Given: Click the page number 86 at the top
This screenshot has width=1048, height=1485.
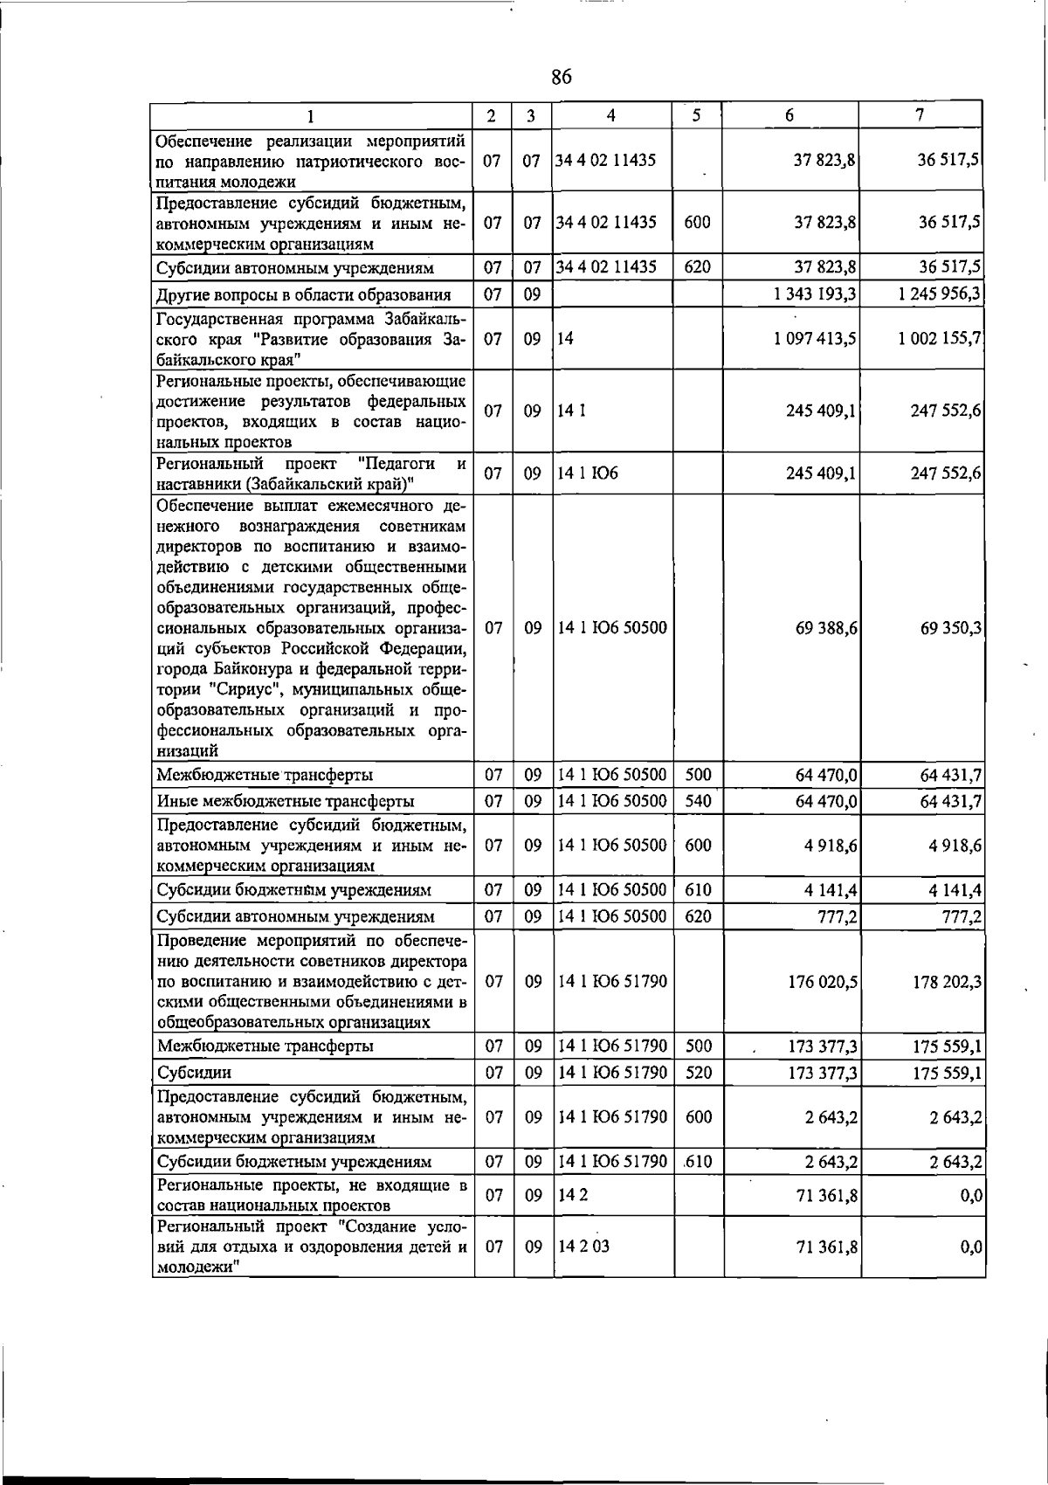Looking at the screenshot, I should click(x=561, y=78).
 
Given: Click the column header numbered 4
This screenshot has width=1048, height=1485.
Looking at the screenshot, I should click(x=610, y=115).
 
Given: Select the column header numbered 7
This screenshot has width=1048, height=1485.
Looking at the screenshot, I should click(x=920, y=115).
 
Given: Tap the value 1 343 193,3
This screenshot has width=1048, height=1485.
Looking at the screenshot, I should click(x=814, y=294).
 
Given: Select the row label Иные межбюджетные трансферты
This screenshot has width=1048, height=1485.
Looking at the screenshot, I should click(x=285, y=801).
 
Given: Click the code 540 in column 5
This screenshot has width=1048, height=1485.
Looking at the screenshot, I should click(x=697, y=801).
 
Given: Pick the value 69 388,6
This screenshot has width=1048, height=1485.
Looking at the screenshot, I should click(x=825, y=628).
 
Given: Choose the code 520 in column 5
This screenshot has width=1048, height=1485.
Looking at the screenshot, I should click(x=698, y=1073).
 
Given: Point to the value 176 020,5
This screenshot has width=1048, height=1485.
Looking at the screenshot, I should click(x=822, y=982).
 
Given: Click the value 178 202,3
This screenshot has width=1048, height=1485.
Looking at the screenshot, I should click(x=947, y=982).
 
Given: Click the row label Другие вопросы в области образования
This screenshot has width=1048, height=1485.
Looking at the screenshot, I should click(x=303, y=294).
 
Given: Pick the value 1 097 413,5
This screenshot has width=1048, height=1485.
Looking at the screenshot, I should click(x=814, y=338).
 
